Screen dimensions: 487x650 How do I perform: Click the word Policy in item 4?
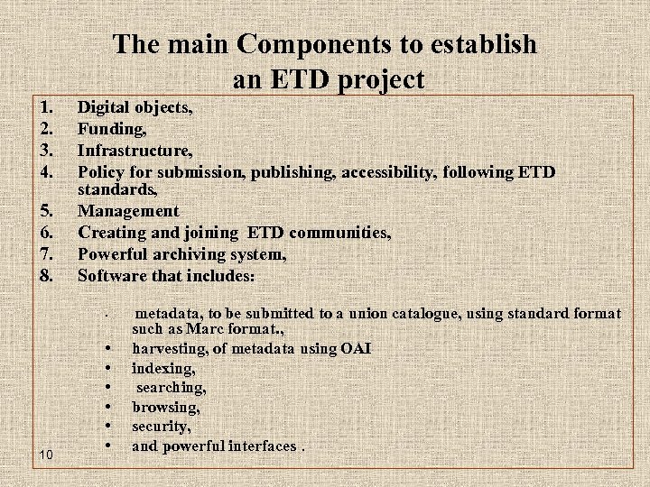point(100,171)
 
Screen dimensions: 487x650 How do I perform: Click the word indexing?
point(162,368)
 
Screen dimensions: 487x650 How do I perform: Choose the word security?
point(161,427)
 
